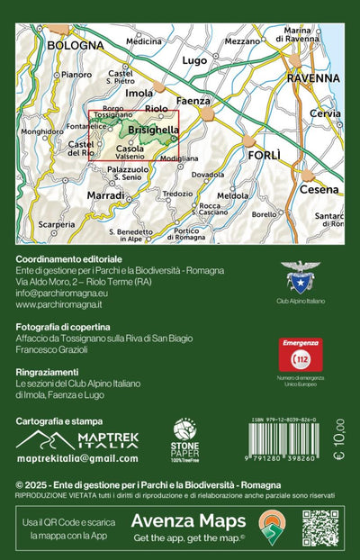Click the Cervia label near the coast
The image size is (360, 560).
(325, 114)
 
